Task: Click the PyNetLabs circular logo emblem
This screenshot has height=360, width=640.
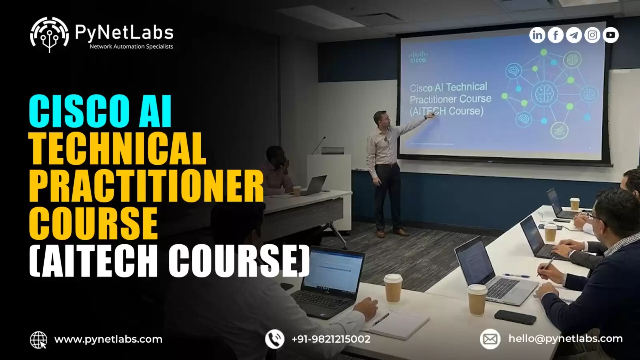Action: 49,34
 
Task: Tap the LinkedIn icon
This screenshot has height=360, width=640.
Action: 537,35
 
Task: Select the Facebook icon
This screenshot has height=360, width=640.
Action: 556,35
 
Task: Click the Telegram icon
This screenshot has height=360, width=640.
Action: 574,35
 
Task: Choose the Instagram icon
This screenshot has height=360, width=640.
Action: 592,35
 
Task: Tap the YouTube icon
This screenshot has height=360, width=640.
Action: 610,35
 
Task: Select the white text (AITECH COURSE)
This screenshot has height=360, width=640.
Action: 170,260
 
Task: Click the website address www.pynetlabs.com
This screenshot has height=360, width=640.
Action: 108,340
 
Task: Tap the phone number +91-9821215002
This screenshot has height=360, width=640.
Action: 331,339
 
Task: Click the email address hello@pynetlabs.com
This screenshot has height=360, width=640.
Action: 566,338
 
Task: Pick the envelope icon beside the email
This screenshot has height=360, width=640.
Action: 490,339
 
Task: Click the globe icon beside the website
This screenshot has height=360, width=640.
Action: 38,340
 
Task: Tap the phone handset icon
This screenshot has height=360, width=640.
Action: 274,339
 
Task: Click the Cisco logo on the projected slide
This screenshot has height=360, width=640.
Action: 418,57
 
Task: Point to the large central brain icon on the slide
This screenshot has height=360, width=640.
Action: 544,94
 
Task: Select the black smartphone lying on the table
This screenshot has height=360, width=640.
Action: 515,317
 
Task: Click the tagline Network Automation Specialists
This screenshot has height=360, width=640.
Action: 132,46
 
